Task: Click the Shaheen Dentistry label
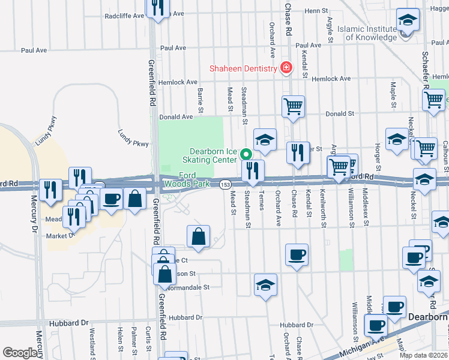242,68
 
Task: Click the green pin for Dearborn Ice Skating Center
246,154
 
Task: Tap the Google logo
20,353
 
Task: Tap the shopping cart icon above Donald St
293,106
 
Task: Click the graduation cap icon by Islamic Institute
408,20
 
